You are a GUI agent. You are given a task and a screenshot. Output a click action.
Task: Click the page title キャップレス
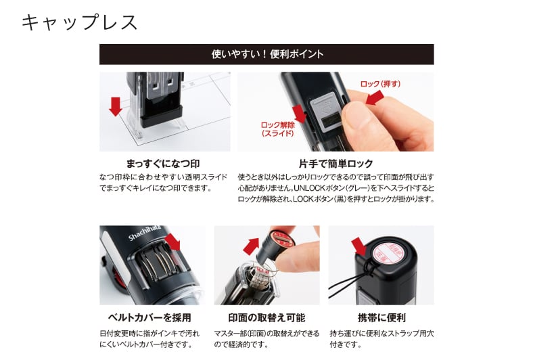80,22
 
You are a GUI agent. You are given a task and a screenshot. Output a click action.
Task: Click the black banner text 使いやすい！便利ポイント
266,54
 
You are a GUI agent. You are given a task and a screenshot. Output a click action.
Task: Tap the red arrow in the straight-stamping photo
116,105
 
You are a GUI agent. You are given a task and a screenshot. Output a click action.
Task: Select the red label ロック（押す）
380,84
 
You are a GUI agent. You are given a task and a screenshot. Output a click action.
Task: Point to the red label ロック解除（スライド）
278,129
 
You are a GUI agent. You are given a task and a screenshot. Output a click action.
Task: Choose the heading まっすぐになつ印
163,164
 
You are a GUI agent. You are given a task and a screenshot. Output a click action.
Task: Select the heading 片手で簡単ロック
335,164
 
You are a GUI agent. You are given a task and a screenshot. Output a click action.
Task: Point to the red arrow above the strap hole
358,246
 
